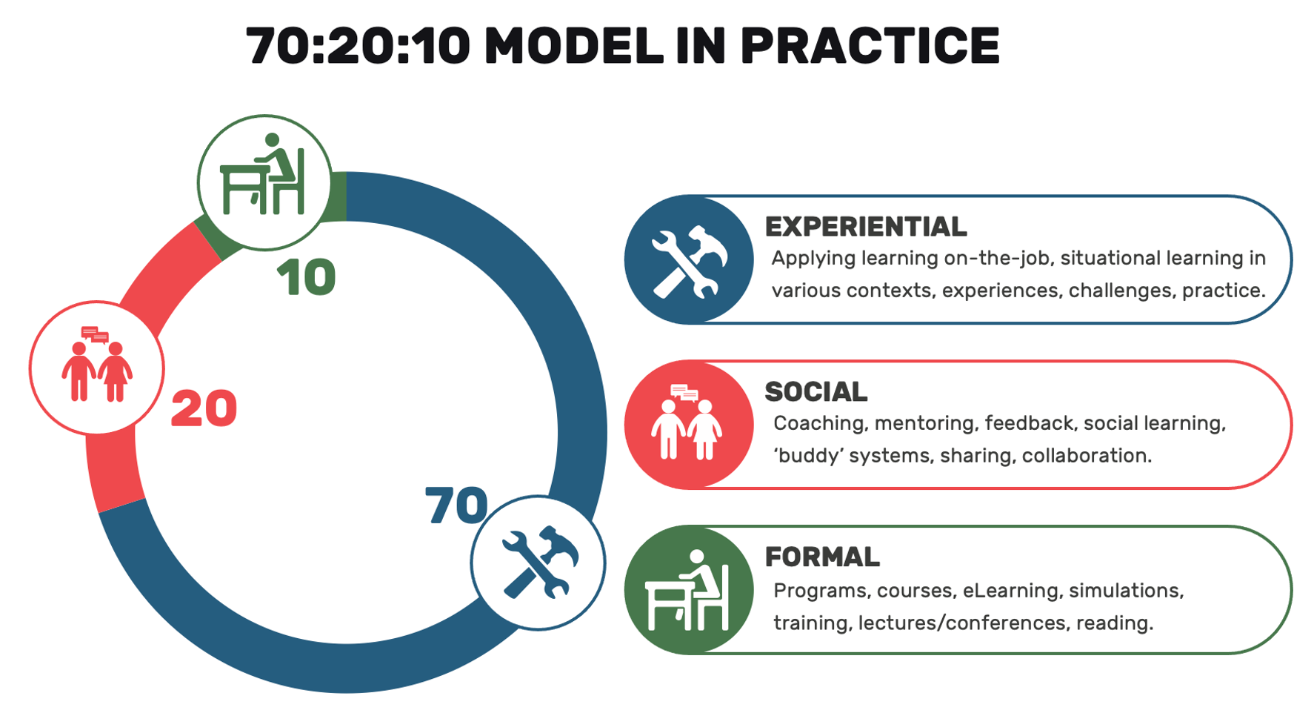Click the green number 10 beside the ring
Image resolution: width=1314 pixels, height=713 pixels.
click(x=306, y=278)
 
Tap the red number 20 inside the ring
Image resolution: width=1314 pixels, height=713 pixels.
click(x=204, y=409)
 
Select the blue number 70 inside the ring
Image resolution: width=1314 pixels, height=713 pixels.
click(x=456, y=505)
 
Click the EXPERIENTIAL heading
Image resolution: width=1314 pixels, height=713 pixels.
click(x=865, y=227)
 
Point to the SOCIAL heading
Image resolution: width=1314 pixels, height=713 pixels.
click(x=816, y=392)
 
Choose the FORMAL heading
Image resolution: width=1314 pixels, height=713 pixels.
click(x=821, y=557)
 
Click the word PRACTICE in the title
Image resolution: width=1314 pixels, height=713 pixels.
click(x=870, y=46)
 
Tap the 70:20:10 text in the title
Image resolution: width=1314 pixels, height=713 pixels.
click(x=358, y=46)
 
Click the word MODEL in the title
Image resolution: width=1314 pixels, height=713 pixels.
click(x=573, y=46)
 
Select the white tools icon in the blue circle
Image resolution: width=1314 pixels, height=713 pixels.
click(x=689, y=261)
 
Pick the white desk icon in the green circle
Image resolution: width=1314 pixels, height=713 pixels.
click(x=687, y=591)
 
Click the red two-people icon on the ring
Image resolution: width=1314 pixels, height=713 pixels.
click(x=96, y=367)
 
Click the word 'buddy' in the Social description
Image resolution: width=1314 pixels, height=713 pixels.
click(x=808, y=455)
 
